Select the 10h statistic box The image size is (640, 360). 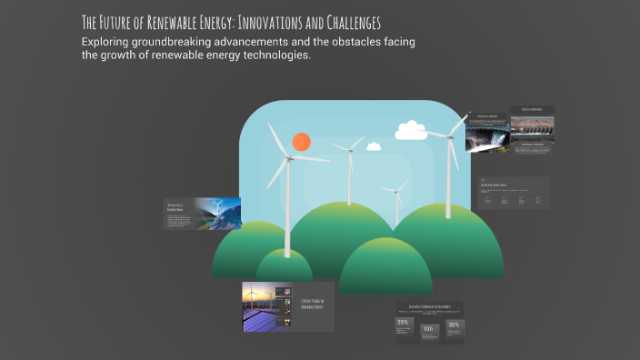click(x=428, y=330)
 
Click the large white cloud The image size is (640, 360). click(x=411, y=130)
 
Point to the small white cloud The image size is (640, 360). click(x=373, y=145)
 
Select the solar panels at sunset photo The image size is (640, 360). click(x=258, y=306)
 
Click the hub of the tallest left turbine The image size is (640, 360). click(x=287, y=159)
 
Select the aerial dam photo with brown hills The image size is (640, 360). click(x=531, y=129)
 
